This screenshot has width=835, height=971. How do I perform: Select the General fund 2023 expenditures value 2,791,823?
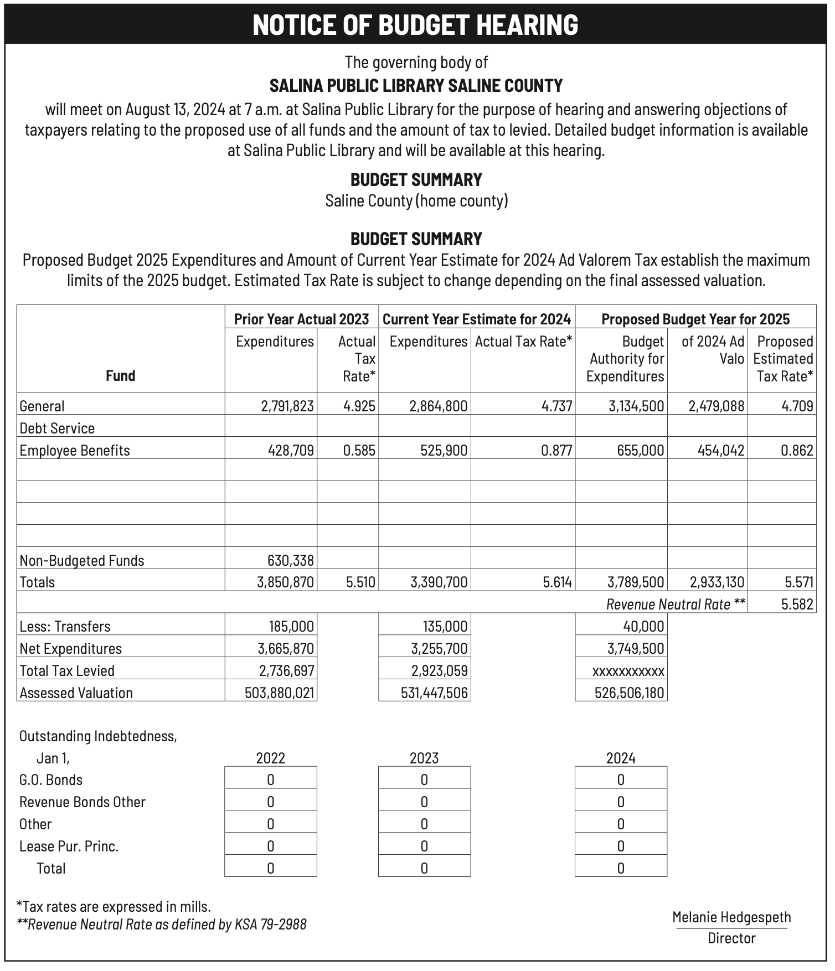tap(287, 406)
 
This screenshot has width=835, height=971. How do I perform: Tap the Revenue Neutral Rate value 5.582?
tap(797, 604)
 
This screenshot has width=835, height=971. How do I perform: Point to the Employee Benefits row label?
tap(75, 451)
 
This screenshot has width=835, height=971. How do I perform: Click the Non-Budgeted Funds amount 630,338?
tap(291, 560)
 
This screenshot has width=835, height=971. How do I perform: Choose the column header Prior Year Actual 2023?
tap(301, 319)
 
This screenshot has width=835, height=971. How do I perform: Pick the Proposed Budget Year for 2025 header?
tap(695, 319)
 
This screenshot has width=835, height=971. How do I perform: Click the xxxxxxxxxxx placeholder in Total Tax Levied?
tap(628, 672)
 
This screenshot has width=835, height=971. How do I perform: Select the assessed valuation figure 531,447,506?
tap(434, 693)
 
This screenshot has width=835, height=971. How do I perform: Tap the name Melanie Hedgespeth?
tap(731, 917)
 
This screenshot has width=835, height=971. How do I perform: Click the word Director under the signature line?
tap(731, 938)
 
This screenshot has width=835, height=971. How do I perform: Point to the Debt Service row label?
tap(57, 428)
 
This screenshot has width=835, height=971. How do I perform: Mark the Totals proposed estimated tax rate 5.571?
tap(799, 582)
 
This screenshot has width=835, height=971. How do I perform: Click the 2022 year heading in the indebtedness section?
tap(270, 758)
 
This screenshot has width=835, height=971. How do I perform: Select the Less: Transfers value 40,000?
tap(643, 627)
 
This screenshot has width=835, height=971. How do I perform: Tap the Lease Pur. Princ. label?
tap(69, 846)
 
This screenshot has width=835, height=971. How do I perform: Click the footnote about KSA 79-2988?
tap(162, 924)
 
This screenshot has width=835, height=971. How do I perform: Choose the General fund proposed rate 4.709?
tap(797, 406)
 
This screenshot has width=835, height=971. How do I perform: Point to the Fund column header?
tap(120, 376)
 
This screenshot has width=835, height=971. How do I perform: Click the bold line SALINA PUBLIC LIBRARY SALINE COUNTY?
tap(416, 86)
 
